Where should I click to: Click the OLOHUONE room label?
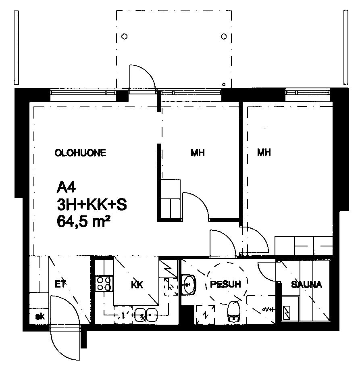[80, 153]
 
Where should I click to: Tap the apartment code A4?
[67, 187]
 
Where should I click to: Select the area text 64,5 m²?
[83, 221]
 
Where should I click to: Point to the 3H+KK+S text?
[92, 204]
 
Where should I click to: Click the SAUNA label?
[306, 284]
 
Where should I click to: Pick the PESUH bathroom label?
[225, 284]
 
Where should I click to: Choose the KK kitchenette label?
[137, 284]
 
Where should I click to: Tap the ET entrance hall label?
[60, 284]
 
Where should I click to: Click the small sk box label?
[40, 317]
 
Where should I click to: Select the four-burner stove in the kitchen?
[104, 284]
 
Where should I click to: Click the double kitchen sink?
[146, 315]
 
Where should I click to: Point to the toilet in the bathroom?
[233, 311]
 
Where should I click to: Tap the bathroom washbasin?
[189, 284]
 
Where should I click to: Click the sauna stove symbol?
[287, 313]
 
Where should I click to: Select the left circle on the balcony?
[125, 37]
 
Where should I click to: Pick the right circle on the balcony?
[224, 37]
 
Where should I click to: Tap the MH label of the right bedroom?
[264, 152]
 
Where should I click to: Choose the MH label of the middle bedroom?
[198, 153]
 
